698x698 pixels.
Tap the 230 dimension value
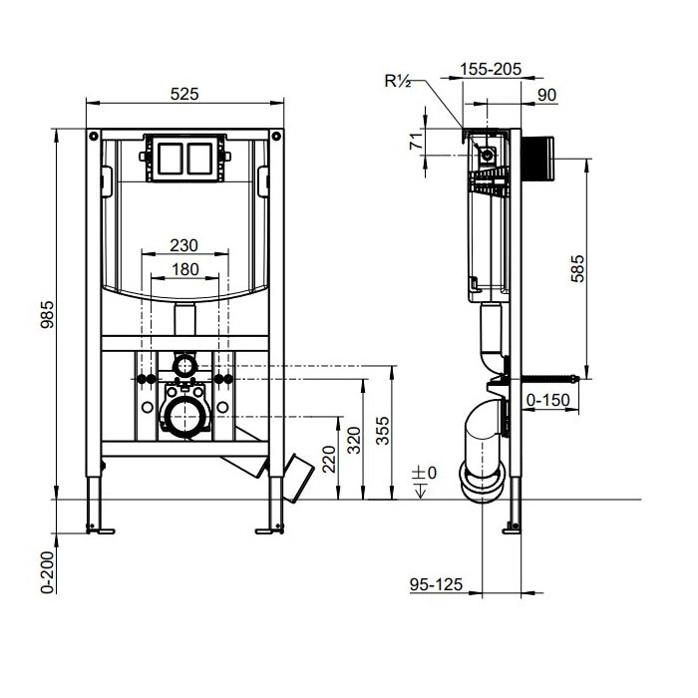(184, 245)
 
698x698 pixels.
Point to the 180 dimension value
(184, 269)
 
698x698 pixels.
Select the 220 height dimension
(326, 459)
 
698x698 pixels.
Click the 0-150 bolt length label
(547, 400)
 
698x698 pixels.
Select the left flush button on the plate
(168, 158)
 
